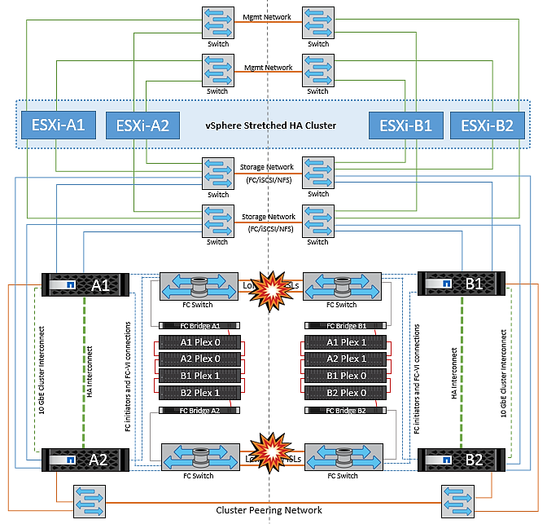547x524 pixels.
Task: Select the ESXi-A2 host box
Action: click(142, 125)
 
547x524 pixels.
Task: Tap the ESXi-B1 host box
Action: click(405, 125)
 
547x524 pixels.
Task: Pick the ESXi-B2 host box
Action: click(488, 125)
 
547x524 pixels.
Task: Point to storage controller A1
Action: click(81, 285)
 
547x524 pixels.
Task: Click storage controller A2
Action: click(81, 460)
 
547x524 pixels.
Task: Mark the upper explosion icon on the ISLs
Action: click(269, 286)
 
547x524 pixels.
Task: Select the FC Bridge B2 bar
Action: click(344, 411)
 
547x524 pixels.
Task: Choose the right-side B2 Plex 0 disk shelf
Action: click(344, 393)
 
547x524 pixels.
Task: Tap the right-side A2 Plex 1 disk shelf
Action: click(344, 359)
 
